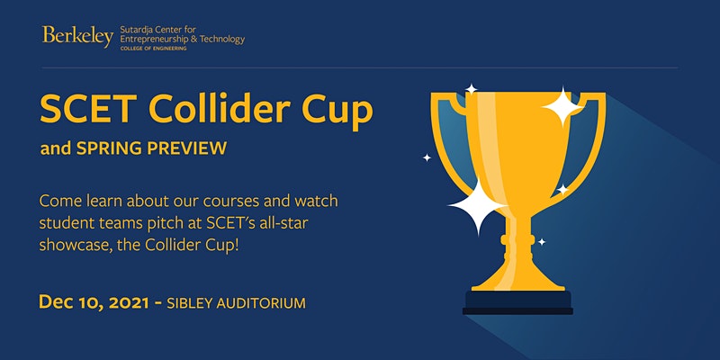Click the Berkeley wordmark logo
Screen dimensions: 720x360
point(77,36)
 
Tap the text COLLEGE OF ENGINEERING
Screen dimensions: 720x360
point(153,48)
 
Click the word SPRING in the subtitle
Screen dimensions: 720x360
point(107,148)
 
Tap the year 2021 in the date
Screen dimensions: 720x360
point(130,302)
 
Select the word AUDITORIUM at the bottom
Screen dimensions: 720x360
point(261,303)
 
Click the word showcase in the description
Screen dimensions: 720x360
point(72,245)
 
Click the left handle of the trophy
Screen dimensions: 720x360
point(446,138)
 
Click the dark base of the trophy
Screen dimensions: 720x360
point(517,302)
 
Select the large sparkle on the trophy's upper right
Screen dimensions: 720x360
point(562,107)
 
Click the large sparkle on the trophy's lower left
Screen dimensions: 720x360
point(478,207)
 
